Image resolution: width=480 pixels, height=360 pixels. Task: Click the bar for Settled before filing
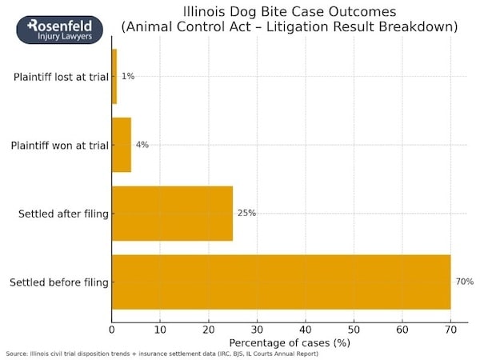(281, 282)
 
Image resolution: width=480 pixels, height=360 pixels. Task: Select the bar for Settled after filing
(172, 213)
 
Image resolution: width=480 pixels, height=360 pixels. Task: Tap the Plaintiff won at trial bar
(122, 145)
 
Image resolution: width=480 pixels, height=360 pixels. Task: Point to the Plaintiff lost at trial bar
(114, 76)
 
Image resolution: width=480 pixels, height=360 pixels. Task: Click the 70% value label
(464, 282)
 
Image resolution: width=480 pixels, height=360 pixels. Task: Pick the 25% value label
(246, 213)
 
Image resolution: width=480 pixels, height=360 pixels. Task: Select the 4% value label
(142, 145)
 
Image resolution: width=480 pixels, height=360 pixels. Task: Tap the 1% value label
(128, 76)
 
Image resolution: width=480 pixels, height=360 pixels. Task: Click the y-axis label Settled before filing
(58, 282)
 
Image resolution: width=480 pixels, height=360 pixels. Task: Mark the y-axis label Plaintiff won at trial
(59, 146)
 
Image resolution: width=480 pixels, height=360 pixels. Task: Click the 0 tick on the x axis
(112, 328)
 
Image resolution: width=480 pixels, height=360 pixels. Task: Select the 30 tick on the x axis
(257, 328)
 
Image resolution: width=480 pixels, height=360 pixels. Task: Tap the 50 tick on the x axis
(354, 328)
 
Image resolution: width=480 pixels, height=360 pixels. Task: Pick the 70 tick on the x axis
(450, 328)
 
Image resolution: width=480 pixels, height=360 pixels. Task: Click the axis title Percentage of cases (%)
(289, 342)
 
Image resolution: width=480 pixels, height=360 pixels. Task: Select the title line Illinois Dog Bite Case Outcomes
(289, 12)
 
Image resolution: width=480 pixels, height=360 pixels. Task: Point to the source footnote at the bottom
(162, 354)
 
